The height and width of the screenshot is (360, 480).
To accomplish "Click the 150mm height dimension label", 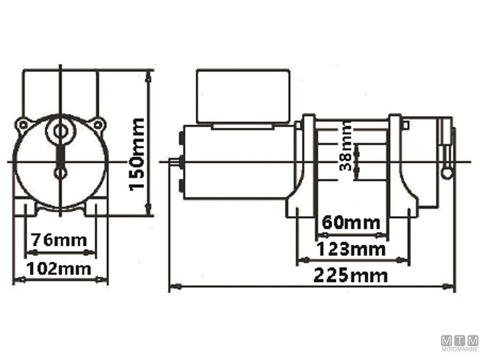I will point(137,154).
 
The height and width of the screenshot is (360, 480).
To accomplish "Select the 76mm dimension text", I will point(59,239).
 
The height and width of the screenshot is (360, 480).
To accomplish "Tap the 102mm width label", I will point(59,268).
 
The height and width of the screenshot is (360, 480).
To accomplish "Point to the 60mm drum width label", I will point(351,223).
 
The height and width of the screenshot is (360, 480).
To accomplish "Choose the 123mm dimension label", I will point(351,248).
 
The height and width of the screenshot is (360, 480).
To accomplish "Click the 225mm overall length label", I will point(350,276).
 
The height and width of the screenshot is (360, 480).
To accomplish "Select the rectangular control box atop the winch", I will point(243,96).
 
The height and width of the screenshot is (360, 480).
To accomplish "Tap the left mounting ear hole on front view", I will point(23,124).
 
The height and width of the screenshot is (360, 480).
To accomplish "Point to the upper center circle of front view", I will point(61,131).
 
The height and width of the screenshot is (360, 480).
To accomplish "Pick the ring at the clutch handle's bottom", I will point(446,173).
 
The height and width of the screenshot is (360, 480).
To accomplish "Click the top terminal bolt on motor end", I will point(181,139).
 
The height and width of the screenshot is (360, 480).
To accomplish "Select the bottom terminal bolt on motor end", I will point(181,185).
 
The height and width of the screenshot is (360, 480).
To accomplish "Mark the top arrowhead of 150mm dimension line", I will point(148,74).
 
